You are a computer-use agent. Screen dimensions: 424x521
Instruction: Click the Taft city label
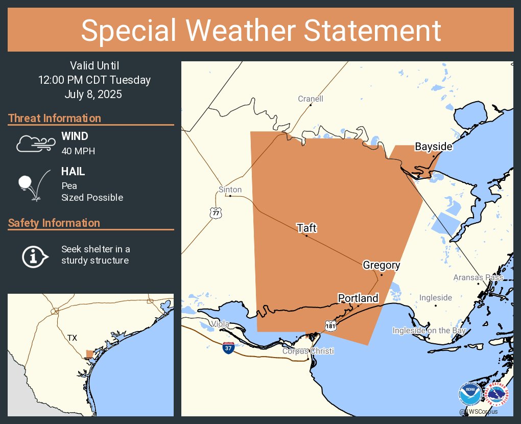coord(307,228)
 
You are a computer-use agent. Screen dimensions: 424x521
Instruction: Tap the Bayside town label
coord(433,147)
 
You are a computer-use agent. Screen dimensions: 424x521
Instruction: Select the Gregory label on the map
coord(381,265)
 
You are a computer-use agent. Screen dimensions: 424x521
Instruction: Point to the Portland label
coord(358,298)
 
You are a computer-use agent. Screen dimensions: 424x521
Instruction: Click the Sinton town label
coord(230,190)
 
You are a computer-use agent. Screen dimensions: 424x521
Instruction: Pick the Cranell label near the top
coord(311,99)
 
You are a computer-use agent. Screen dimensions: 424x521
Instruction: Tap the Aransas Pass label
coord(478,277)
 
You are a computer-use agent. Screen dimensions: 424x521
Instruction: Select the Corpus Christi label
coord(308,351)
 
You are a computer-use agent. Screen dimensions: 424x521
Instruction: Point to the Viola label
coord(221,324)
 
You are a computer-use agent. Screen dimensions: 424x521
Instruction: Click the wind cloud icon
coord(35,144)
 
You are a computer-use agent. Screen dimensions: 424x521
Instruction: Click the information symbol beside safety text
coord(34,256)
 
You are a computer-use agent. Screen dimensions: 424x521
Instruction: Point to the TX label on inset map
coord(72,338)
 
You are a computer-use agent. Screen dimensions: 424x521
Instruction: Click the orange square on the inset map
coord(89,354)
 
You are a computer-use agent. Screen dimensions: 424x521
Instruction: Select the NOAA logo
coord(470,394)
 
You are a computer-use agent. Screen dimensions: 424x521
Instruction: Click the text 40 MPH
coord(78,151)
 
